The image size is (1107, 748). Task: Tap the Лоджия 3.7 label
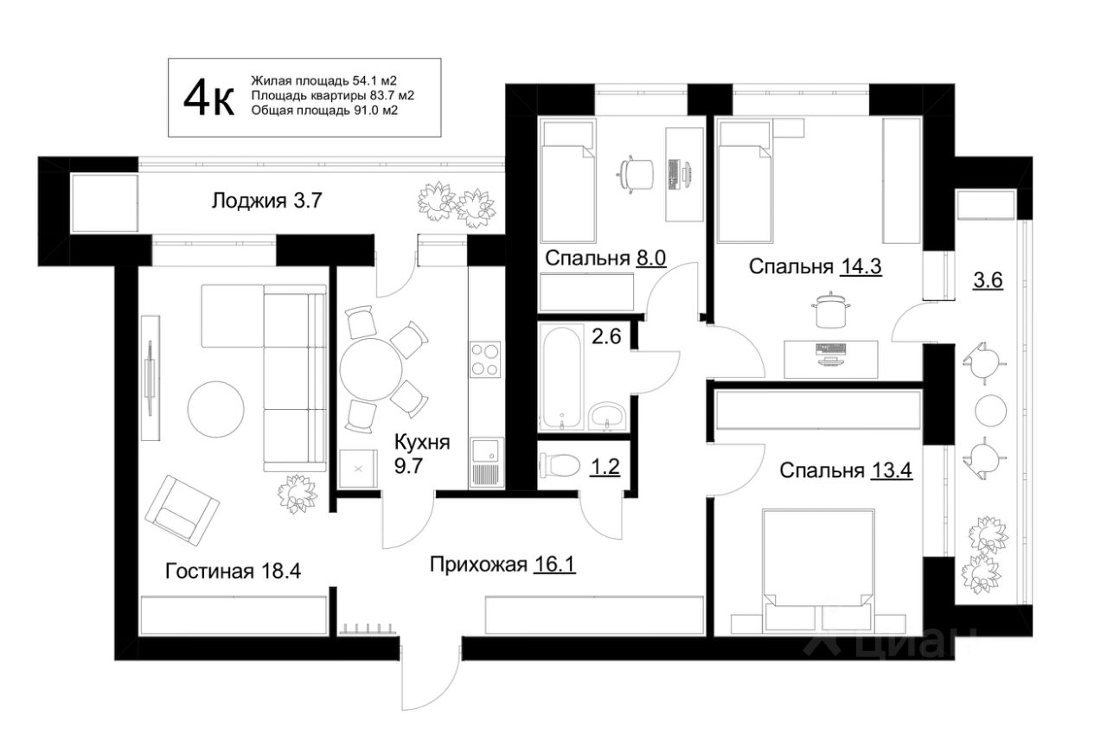tap(267, 201)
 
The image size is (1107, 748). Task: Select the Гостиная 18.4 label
tap(234, 571)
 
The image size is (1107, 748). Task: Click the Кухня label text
tap(422, 442)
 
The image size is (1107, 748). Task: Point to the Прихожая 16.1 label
tap(502, 564)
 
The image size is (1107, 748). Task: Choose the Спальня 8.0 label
tap(605, 258)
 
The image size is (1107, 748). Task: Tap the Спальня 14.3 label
tap(816, 267)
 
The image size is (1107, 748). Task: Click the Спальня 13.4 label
tap(846, 470)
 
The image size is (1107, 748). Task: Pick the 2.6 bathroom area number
tap(606, 337)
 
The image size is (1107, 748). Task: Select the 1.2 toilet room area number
tap(605, 466)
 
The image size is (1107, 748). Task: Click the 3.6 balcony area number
tap(988, 280)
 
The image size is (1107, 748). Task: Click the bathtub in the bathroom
tap(561, 376)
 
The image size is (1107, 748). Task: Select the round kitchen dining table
tap(371, 369)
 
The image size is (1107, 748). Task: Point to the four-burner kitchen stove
tap(485, 359)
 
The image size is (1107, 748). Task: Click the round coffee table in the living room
tap(216, 409)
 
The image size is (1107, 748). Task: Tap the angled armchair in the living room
tap(182, 510)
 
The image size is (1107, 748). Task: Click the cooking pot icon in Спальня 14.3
tap(831, 310)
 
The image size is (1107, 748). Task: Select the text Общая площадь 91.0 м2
tap(324, 110)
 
